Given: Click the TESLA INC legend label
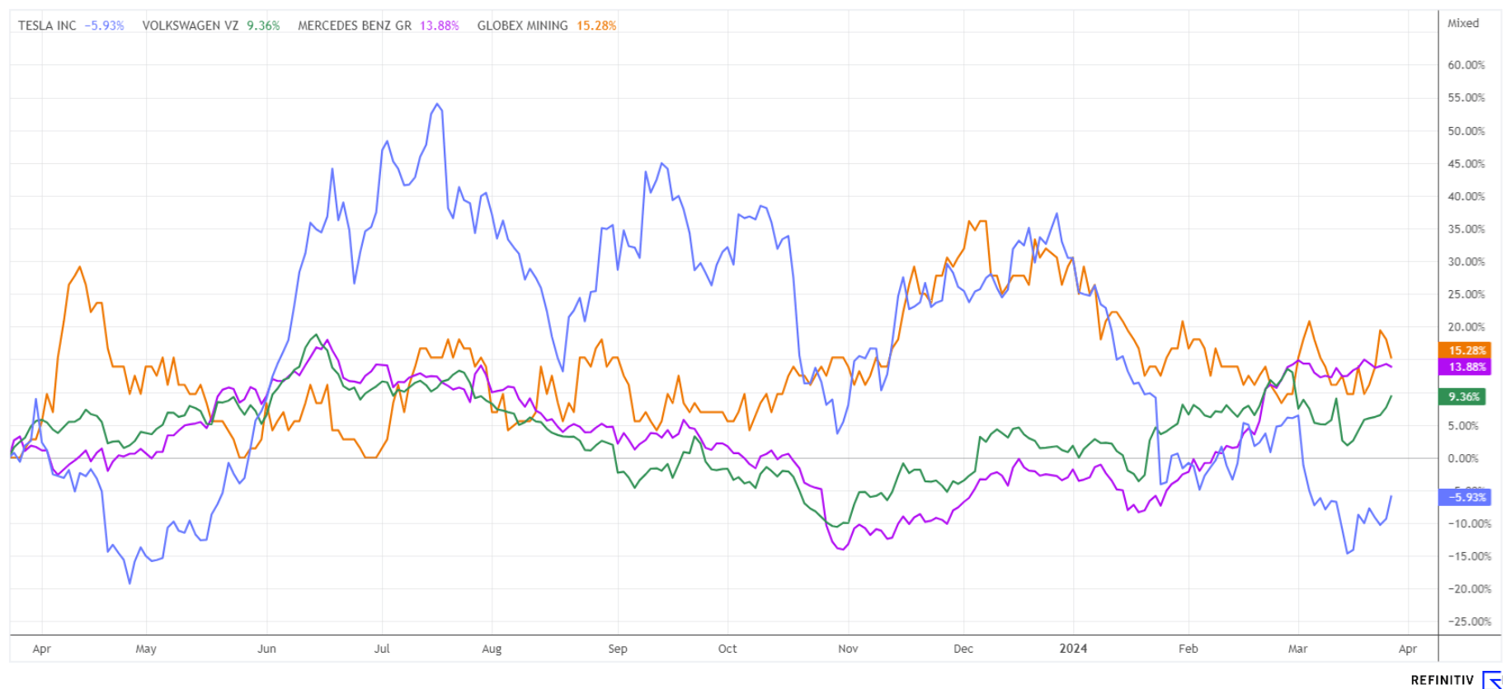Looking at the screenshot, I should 47,26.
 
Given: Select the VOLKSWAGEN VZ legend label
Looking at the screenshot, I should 191,26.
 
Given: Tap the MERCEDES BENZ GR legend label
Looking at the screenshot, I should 355,26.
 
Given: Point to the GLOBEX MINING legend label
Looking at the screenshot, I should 522,26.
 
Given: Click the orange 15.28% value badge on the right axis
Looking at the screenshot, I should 1464,350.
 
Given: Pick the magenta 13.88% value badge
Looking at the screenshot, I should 1464,367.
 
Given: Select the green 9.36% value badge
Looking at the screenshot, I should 1464,396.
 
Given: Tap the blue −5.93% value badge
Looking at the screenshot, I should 1464,497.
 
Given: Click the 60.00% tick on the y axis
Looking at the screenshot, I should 1466,65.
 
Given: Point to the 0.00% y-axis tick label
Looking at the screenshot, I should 1466,458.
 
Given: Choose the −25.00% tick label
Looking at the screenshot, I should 1468,621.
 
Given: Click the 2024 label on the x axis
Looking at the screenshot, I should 1073,649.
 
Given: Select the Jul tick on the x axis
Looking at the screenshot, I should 382,649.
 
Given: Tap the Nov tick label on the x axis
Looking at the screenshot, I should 848,649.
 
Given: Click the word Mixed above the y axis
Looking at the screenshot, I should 1463,23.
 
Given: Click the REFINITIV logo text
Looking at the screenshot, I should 1442,680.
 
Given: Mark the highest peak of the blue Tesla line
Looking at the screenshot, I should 437,104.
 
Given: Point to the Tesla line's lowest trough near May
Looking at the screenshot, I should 129,584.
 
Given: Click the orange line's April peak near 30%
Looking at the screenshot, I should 80,266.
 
